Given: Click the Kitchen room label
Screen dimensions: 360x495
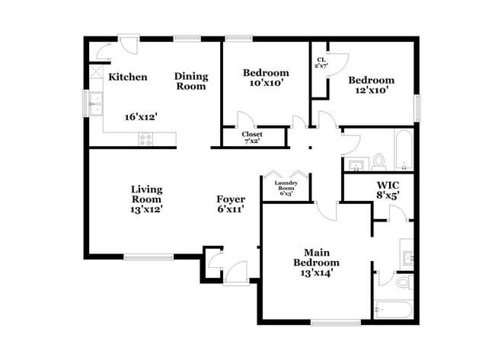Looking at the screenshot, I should coord(127,77).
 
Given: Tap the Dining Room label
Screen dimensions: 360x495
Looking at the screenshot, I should coord(190,81).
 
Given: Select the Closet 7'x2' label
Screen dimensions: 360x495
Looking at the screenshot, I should coord(252,137).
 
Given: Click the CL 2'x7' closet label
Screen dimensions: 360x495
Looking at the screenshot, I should coord(320,62).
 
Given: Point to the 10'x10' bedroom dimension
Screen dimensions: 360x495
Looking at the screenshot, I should coord(263,84).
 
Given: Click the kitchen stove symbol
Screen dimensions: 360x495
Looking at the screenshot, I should coord(145,139).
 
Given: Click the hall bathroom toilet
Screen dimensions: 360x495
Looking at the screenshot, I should coord(378,161).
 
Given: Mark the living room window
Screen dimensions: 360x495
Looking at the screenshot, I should coord(148,257).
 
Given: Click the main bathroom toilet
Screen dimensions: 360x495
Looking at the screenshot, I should coord(404,282).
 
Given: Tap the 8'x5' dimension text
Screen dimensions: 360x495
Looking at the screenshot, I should coord(388,196).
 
